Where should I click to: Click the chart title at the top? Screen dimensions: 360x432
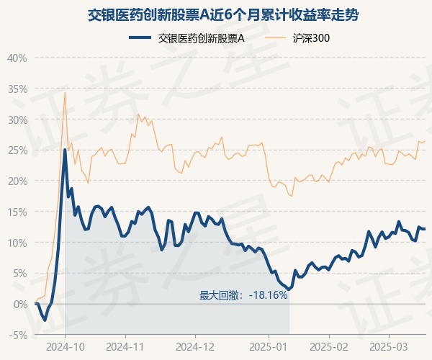click(x=216, y=14)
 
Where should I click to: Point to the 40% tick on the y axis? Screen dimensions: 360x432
click(x=17, y=58)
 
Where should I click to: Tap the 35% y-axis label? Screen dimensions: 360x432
click(x=17, y=89)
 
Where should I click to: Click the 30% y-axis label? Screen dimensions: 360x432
click(x=17, y=120)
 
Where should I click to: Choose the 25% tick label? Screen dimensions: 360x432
click(x=17, y=150)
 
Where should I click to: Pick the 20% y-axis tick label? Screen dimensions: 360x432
click(x=17, y=181)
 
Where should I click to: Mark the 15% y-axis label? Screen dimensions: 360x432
click(x=17, y=212)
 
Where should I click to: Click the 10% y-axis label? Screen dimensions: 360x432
click(x=17, y=243)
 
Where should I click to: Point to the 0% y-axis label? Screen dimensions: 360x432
click(x=20, y=304)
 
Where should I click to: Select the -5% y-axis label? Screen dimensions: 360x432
click(x=19, y=335)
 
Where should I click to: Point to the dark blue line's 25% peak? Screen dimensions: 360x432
click(x=65, y=150)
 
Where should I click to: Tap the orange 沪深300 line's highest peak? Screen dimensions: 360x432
click(x=65, y=93)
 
